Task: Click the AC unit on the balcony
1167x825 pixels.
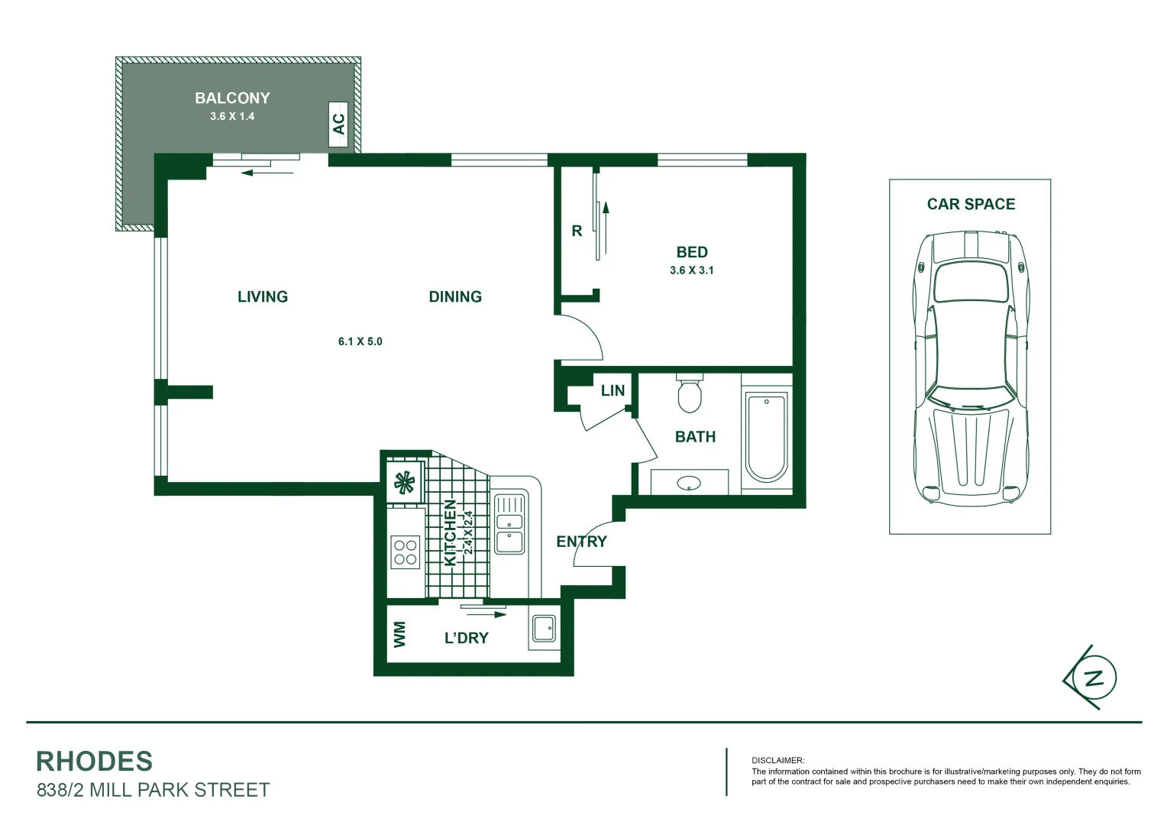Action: point(338,124)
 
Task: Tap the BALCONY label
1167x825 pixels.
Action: point(232,98)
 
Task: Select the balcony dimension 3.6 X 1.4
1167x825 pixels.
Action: point(232,116)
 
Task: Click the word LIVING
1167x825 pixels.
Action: point(263,296)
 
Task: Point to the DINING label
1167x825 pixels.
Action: point(455,296)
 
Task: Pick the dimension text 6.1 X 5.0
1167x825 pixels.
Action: point(360,341)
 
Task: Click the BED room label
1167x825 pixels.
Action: point(692,252)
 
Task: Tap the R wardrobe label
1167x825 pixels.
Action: point(577,231)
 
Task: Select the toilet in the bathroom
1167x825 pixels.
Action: point(689,393)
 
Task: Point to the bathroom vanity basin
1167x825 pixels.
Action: point(689,483)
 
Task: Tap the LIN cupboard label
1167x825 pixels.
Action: point(613,390)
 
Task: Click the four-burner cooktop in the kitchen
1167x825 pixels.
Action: point(405,553)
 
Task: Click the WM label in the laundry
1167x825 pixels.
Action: point(399,634)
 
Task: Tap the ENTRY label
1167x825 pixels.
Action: point(581,542)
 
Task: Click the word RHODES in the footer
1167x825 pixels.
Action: point(94,761)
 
